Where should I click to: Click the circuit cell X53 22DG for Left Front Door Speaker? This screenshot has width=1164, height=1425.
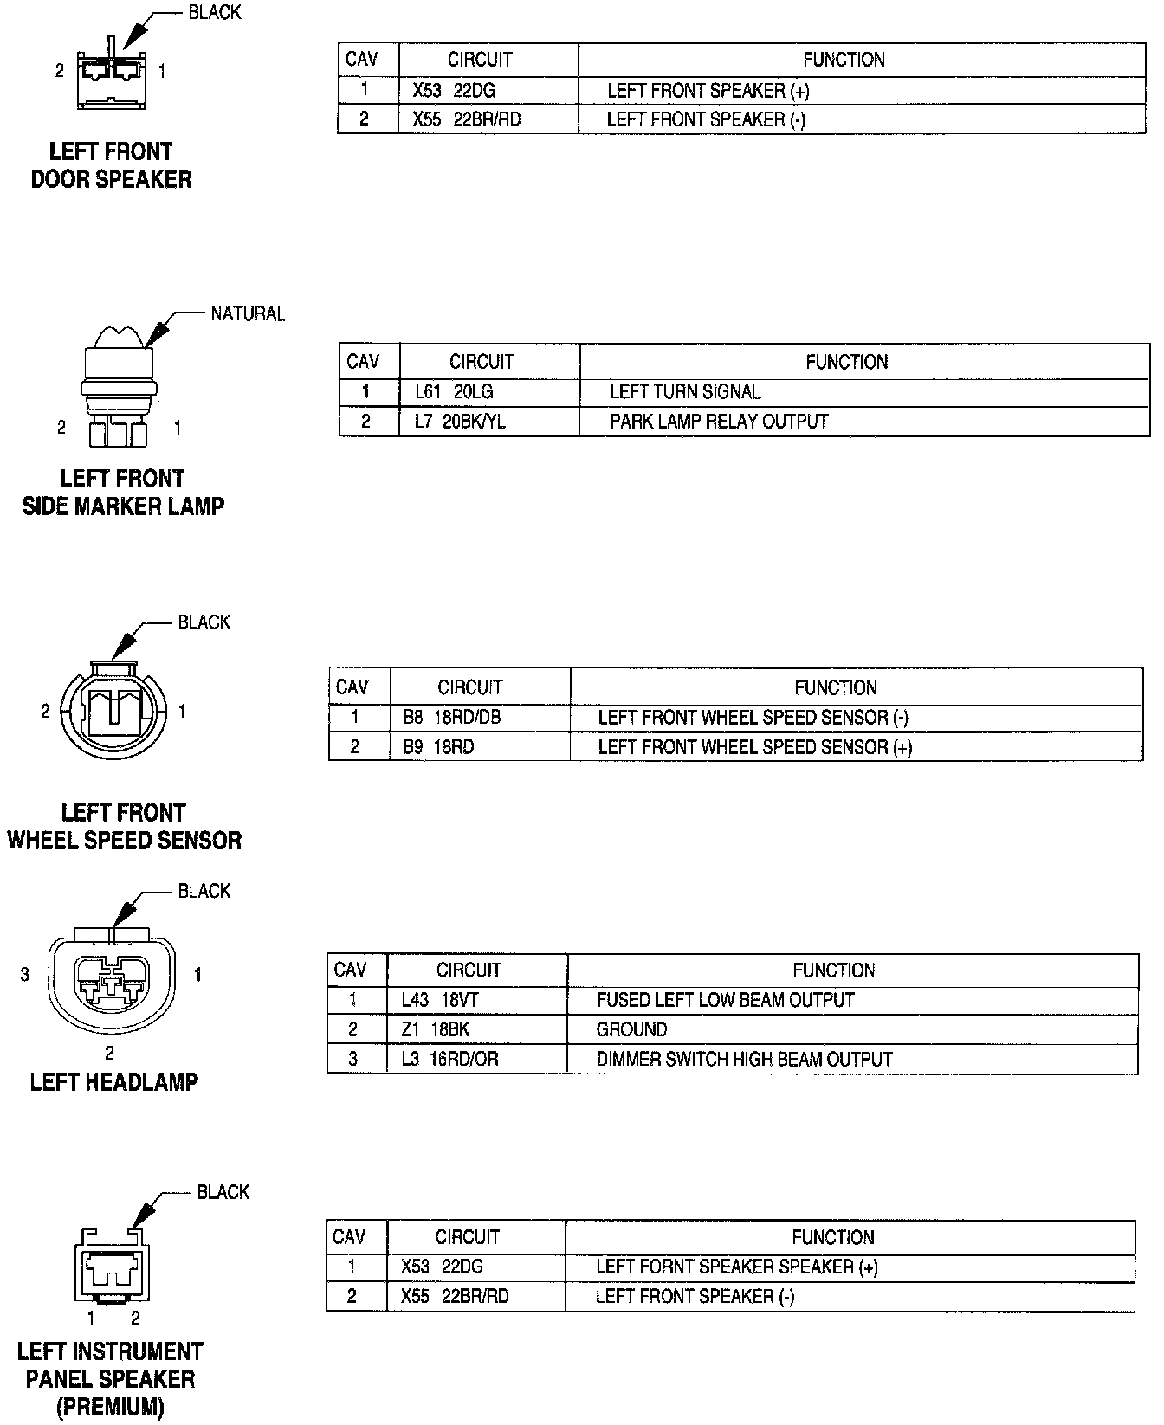(454, 91)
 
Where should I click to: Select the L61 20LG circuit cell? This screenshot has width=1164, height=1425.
(454, 392)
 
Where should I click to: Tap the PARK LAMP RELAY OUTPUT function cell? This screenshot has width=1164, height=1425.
(719, 422)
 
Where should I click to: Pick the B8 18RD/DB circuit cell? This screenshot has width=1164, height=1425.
(451, 718)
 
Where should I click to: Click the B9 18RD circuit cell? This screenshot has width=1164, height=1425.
(438, 747)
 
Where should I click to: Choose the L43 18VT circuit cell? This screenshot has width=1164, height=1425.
(440, 1000)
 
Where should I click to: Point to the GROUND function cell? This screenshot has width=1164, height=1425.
(631, 1029)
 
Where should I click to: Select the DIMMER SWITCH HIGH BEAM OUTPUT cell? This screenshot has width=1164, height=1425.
(743, 1059)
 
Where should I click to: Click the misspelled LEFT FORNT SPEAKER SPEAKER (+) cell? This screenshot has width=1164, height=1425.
(736, 1267)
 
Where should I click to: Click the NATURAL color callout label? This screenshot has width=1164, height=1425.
(248, 313)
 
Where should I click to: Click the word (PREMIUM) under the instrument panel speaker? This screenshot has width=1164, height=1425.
(110, 1408)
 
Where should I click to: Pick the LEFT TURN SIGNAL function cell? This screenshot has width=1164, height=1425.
(685, 392)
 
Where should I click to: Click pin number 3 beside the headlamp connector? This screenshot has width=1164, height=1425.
(24, 975)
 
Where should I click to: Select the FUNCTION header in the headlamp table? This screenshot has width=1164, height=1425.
(833, 970)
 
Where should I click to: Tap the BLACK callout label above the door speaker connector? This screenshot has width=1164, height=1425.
(215, 13)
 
